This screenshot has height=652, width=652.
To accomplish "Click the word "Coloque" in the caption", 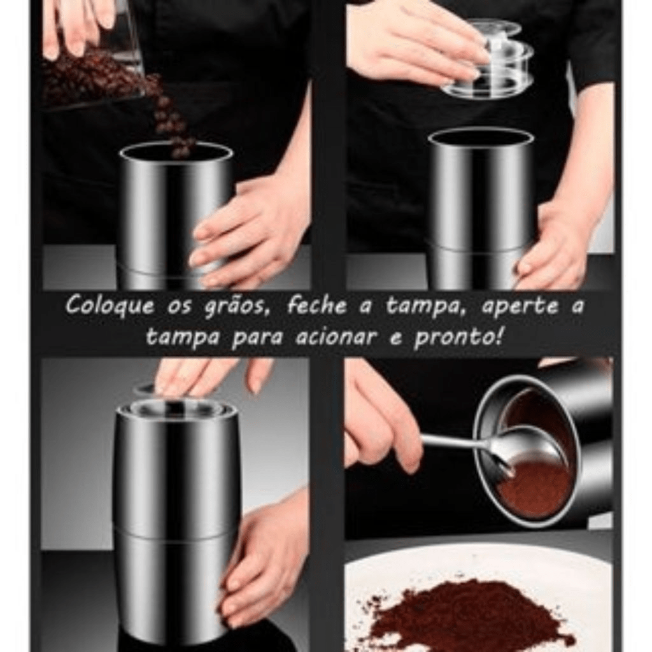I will click(x=110, y=306).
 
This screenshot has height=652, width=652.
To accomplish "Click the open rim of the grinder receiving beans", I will click(x=176, y=152).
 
